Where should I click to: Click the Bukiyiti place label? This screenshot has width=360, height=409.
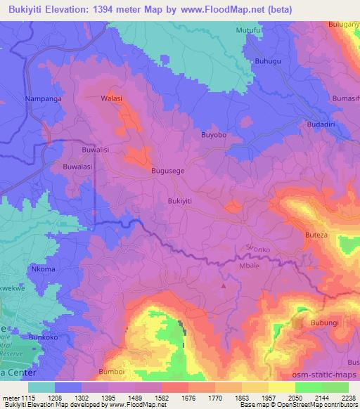pos(180,200)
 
